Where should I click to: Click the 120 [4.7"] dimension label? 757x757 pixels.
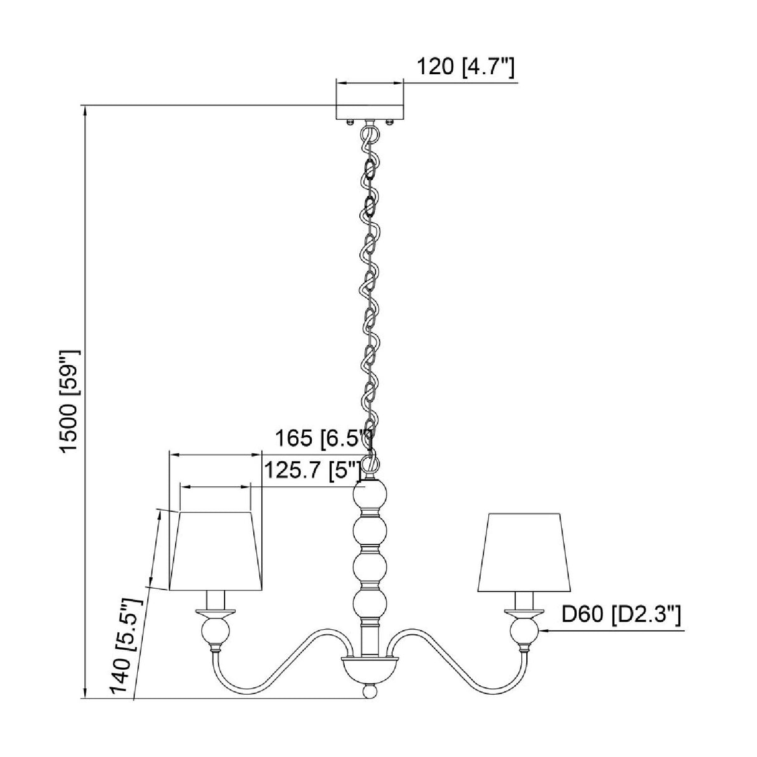pos(465,67)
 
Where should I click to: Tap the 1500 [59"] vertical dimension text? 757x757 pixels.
pos(70,401)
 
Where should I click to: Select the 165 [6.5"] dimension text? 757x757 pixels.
pos(323,438)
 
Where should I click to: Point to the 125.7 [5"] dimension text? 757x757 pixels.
pos(312,470)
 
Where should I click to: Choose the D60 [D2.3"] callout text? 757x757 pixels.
pos(621,625)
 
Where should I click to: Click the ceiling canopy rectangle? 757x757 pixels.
pos(369,112)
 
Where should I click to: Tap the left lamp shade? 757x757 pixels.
pos(215,556)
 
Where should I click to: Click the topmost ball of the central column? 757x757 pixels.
pos(370,498)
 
